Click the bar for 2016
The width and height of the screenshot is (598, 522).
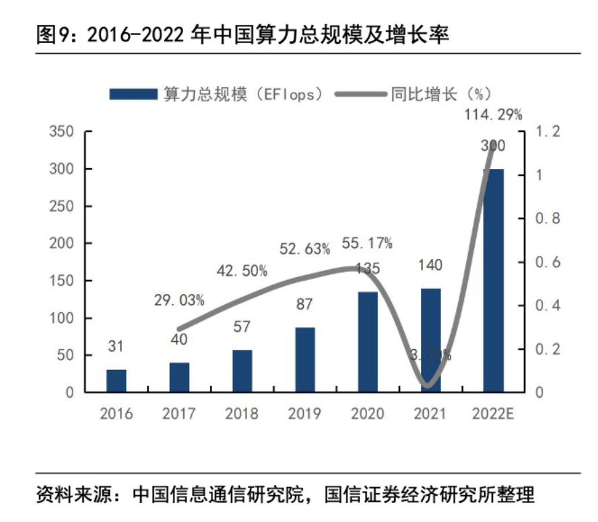117,381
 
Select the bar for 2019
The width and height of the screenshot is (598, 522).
305,360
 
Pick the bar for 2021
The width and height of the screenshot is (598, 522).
431,340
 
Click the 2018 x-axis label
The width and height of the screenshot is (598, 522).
242,413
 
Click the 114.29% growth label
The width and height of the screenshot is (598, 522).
493,114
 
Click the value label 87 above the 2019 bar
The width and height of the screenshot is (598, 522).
304,305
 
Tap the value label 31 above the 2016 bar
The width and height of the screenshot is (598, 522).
117,346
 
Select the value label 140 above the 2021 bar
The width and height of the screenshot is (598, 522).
430,265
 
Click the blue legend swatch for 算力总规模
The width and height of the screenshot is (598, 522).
133,94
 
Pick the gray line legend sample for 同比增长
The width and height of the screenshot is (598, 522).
360,94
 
